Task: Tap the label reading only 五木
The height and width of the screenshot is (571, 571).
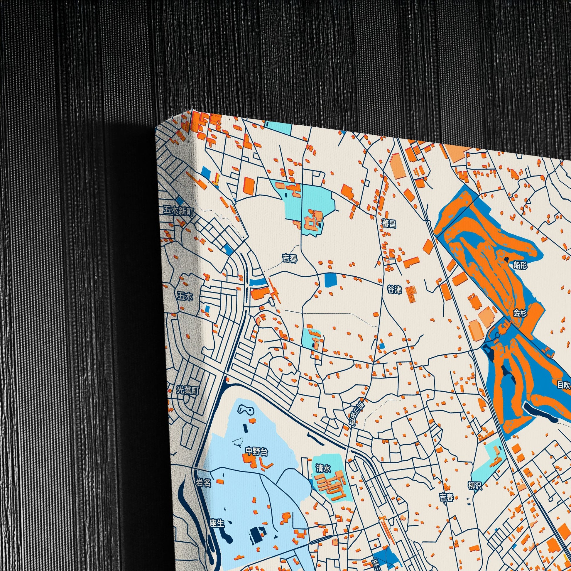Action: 185,296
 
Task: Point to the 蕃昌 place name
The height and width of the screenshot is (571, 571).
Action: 389,224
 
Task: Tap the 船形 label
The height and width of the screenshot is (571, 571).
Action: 520,266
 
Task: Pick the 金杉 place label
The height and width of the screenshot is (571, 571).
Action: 520,313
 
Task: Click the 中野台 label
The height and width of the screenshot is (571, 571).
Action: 257,451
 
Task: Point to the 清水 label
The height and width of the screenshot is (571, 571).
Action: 323,468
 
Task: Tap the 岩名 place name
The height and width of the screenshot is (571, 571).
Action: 204,483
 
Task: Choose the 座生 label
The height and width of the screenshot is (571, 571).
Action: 217,523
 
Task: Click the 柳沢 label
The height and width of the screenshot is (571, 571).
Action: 475,486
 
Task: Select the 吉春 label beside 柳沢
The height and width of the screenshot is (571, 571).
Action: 446,497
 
